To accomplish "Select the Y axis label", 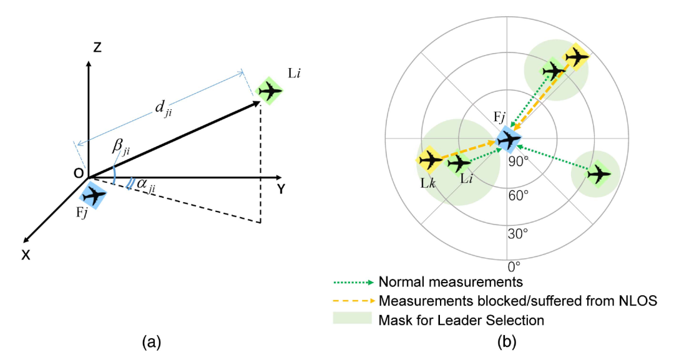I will (x=281, y=189).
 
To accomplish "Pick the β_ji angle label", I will (x=121, y=147).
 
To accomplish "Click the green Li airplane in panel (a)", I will (x=270, y=91).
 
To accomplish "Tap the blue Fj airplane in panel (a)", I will (x=95, y=195).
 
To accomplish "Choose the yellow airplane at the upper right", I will (x=575, y=57).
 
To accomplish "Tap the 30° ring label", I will (x=517, y=235).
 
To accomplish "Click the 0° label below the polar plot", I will (x=514, y=267).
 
